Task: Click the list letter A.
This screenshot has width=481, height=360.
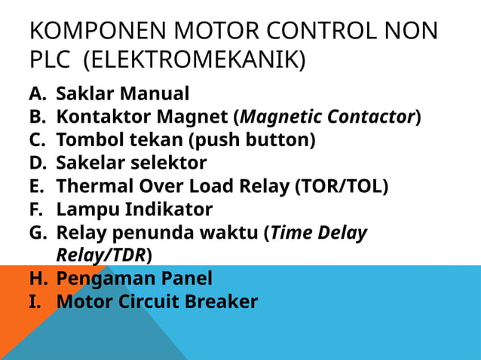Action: tap(37, 95)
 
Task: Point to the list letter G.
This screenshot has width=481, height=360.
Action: tap(38, 232)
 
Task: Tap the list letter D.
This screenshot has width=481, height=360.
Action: tap(38, 163)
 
